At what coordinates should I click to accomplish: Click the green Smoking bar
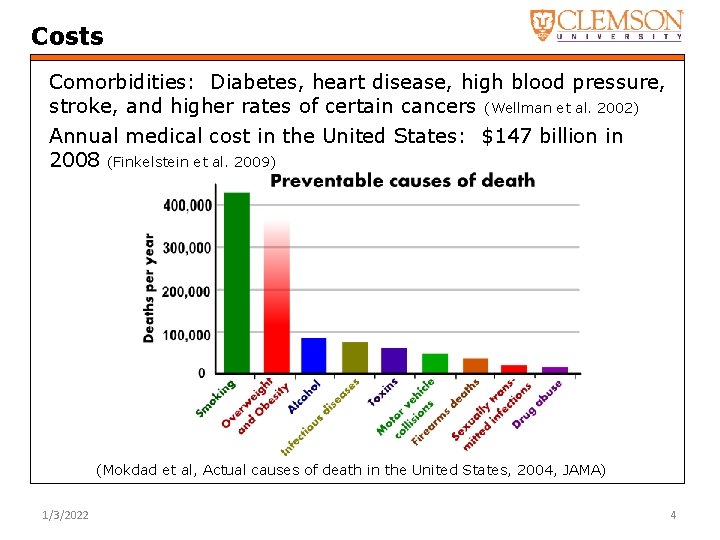click(x=237, y=282)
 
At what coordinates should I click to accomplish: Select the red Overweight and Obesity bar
click(x=276, y=300)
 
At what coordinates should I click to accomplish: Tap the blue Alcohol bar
click(x=314, y=355)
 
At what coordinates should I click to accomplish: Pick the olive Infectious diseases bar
click(x=354, y=357)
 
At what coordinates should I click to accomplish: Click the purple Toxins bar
click(x=394, y=360)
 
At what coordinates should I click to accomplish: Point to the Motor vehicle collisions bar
click(x=434, y=363)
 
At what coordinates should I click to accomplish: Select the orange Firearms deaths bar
click(x=475, y=365)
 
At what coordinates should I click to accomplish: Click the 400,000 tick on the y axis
click(x=187, y=205)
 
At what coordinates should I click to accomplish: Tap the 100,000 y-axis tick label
click(x=187, y=333)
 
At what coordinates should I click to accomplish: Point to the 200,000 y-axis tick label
click(x=187, y=291)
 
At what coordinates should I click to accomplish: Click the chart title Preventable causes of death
click(x=402, y=181)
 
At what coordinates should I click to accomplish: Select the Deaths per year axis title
click(x=149, y=288)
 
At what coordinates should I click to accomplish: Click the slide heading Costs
click(x=67, y=37)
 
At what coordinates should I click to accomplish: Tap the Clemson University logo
click(x=606, y=25)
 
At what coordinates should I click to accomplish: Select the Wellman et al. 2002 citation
click(x=561, y=108)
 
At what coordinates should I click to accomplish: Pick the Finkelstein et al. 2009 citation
click(x=190, y=162)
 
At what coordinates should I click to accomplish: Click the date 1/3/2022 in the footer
click(x=65, y=515)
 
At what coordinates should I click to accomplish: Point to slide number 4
click(x=673, y=515)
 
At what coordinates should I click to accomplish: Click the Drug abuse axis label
click(x=539, y=403)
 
